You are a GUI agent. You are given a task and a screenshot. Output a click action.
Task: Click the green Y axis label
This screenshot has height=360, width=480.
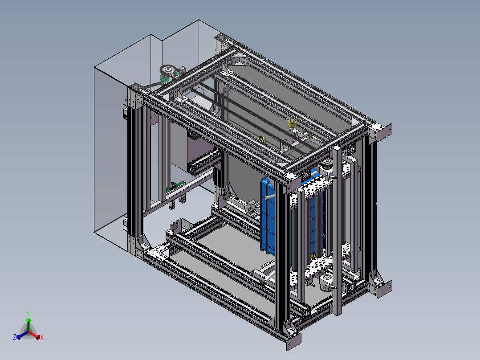pos(28,313)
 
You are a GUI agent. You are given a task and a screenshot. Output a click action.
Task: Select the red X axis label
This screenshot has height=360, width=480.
pos(42,337)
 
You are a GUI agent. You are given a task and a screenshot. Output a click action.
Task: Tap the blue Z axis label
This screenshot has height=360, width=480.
pos(15,337)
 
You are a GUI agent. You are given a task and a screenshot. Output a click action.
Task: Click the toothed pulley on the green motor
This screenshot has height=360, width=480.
pos(167,70)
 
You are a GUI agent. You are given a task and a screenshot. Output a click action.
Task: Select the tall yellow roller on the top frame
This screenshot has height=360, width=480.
pos(293,123)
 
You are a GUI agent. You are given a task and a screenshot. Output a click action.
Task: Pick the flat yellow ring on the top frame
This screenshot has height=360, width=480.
pos(261,139)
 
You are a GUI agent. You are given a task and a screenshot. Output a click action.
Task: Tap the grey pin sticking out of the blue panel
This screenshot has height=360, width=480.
pos(270,196)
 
